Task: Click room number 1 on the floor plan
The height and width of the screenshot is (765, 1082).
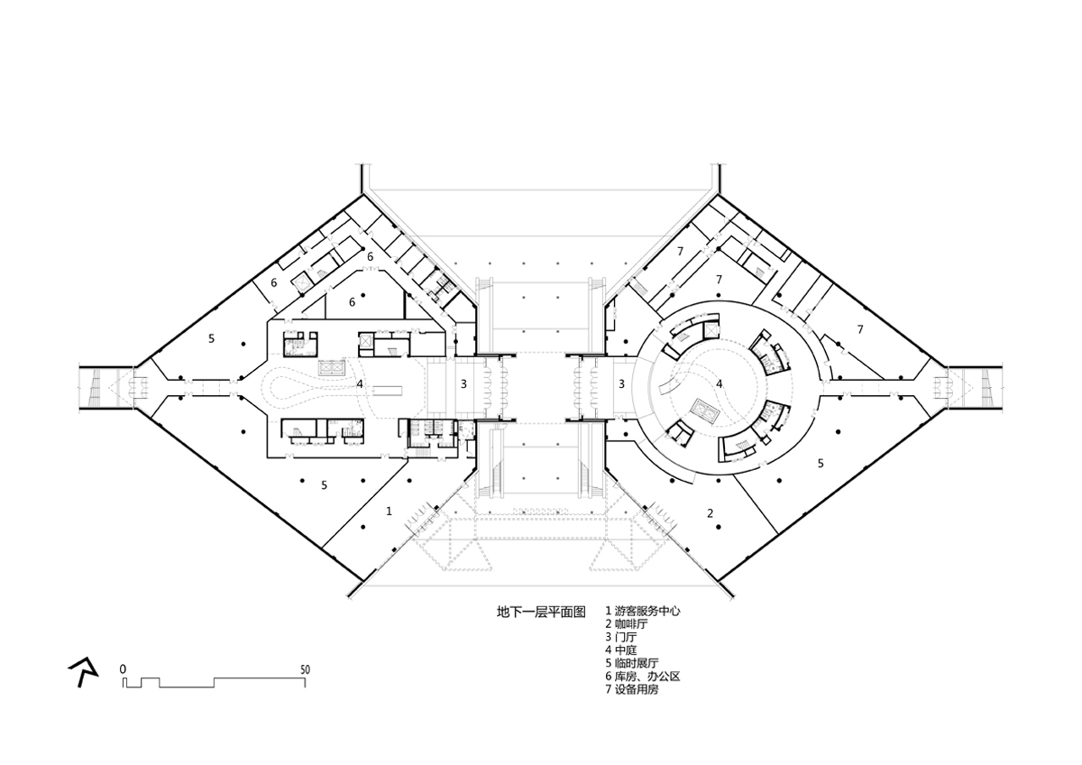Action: click(x=390, y=511)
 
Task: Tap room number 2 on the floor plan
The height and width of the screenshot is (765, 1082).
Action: click(x=710, y=513)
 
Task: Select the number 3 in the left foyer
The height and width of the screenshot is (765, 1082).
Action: click(x=463, y=384)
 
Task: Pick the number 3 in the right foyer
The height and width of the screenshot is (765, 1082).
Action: click(x=621, y=384)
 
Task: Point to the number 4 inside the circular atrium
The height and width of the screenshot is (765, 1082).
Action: click(x=720, y=384)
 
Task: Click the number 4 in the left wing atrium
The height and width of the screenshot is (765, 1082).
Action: click(x=360, y=384)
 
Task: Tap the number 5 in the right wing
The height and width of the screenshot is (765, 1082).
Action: click(x=821, y=464)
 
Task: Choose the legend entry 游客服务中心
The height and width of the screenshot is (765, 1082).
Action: click(x=647, y=611)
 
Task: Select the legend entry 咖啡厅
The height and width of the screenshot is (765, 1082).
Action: click(x=631, y=624)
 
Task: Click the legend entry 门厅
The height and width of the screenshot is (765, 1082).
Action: click(x=626, y=637)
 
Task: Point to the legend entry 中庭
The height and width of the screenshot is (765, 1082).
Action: click(x=626, y=650)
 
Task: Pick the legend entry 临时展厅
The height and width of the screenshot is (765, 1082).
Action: click(x=637, y=663)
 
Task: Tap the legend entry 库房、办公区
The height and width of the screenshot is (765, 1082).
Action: click(x=647, y=676)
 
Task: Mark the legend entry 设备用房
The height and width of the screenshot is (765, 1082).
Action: click(x=637, y=689)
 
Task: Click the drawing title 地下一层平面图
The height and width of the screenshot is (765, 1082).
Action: click(x=541, y=613)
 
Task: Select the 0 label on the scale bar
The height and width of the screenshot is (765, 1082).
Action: click(x=124, y=669)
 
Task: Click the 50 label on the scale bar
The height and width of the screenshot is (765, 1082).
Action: click(x=305, y=669)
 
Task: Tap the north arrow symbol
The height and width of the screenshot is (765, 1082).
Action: click(x=83, y=672)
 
